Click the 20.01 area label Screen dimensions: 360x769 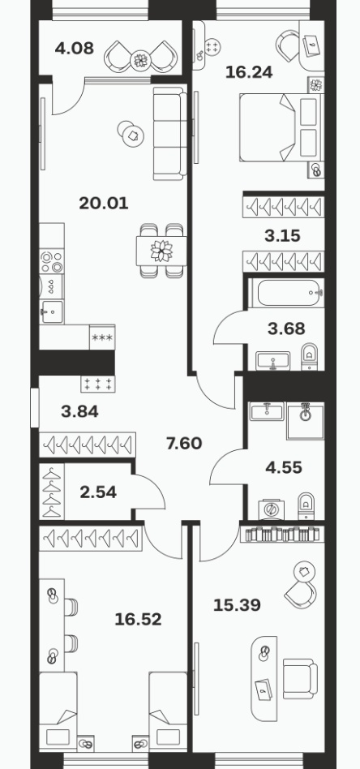coord(104,203)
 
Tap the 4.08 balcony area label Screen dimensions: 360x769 coord(74,48)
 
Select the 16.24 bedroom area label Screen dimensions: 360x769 coord(249,72)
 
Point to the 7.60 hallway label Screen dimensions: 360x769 coord(184,444)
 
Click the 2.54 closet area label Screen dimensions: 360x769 coord(98,492)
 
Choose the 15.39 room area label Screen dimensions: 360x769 coord(237,604)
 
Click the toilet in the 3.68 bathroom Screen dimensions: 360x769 coord(309,357)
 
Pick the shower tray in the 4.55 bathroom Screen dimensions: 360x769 coord(305,421)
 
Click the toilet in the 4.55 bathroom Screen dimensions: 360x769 coord(306,506)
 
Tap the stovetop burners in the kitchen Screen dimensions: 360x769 coord(52,262)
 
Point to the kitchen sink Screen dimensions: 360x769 coord(52,311)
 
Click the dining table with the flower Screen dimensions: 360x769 coord(161,251)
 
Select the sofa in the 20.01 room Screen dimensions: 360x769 coord(169,133)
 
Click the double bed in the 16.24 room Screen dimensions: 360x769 coord(281,127)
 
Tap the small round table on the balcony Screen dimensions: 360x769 coord(141,60)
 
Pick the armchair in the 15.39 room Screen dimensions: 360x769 coord(300,678)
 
